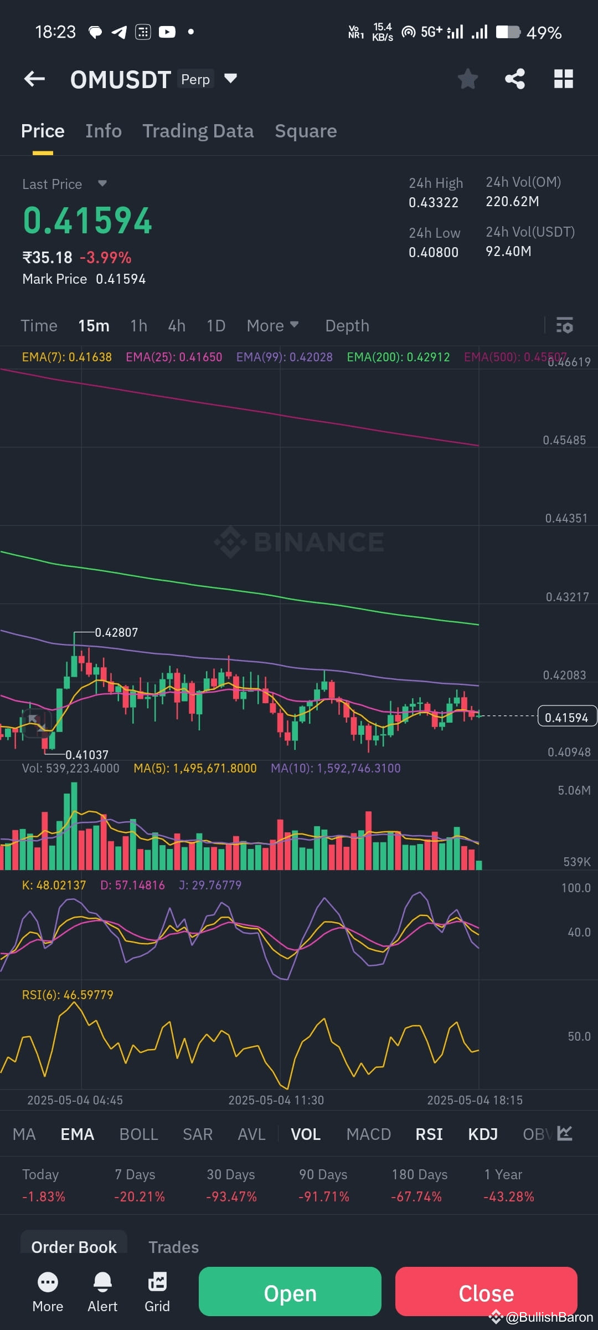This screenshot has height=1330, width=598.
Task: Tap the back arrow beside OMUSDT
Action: coord(34,79)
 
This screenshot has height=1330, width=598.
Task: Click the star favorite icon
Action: coord(468,79)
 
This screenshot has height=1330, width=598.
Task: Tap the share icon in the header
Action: coord(515,79)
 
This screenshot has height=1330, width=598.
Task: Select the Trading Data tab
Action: coord(198,131)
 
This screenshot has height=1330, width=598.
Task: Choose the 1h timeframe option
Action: coord(138,326)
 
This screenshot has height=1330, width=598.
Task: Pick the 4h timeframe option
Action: coord(177,326)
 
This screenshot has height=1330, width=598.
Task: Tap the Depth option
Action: coord(347,326)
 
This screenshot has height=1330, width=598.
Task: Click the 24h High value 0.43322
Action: coord(434,202)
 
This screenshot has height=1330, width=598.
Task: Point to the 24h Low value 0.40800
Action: coord(434,252)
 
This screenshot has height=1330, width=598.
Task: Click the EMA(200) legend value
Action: coord(398,357)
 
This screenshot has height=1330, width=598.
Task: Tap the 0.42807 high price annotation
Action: coord(116,632)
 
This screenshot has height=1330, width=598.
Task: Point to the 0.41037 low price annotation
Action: coord(87,755)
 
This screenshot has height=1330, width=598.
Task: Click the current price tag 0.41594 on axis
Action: coord(566,717)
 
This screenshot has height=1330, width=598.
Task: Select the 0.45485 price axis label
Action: coord(564,440)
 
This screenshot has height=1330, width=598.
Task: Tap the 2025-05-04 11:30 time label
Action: coord(276,1100)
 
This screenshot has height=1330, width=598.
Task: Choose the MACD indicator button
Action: coord(368,1134)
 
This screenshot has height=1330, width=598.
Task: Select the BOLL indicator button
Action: coord(138,1134)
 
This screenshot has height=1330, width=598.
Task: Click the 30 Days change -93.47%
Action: coord(231,1196)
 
